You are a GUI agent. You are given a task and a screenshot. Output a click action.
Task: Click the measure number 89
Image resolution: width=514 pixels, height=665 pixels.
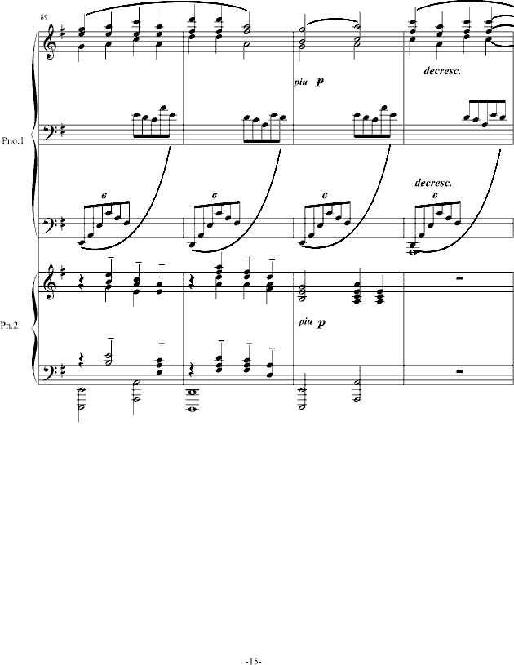click(x=44, y=17)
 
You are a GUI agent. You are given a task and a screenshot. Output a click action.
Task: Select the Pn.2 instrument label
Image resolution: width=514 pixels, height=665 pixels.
click(x=9, y=326)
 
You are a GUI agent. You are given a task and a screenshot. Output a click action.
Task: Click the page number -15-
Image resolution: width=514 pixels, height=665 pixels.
click(x=254, y=661)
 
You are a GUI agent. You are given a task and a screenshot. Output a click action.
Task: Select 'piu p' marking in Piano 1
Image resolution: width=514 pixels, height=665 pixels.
click(x=308, y=82)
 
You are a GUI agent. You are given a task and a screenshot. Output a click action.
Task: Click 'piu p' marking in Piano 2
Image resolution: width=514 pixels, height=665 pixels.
click(x=312, y=322)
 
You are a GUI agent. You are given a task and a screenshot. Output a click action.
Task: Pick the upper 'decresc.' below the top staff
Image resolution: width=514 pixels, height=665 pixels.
click(x=442, y=71)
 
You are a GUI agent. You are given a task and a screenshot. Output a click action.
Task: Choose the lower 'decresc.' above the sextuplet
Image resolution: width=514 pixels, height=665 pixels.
click(x=433, y=184)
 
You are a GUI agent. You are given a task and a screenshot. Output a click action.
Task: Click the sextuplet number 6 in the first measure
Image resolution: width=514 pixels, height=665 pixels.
click(x=104, y=196)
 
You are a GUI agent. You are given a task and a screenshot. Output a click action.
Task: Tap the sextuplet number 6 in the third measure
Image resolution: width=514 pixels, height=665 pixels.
click(x=325, y=196)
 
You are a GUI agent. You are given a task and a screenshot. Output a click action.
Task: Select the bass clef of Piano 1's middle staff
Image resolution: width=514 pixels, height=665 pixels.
click(x=50, y=128)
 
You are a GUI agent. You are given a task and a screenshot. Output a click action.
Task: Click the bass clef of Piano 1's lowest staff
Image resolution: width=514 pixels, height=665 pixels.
click(x=50, y=224)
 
